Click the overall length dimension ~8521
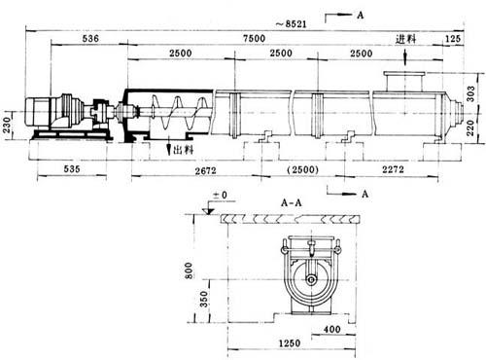[291, 24]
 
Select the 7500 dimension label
[255, 39]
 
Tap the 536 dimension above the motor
[90, 39]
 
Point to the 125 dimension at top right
[453, 39]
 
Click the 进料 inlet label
[405, 39]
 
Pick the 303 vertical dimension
[471, 93]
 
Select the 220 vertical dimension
[471, 127]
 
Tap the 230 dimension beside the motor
[7, 125]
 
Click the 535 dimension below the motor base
[72, 169]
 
